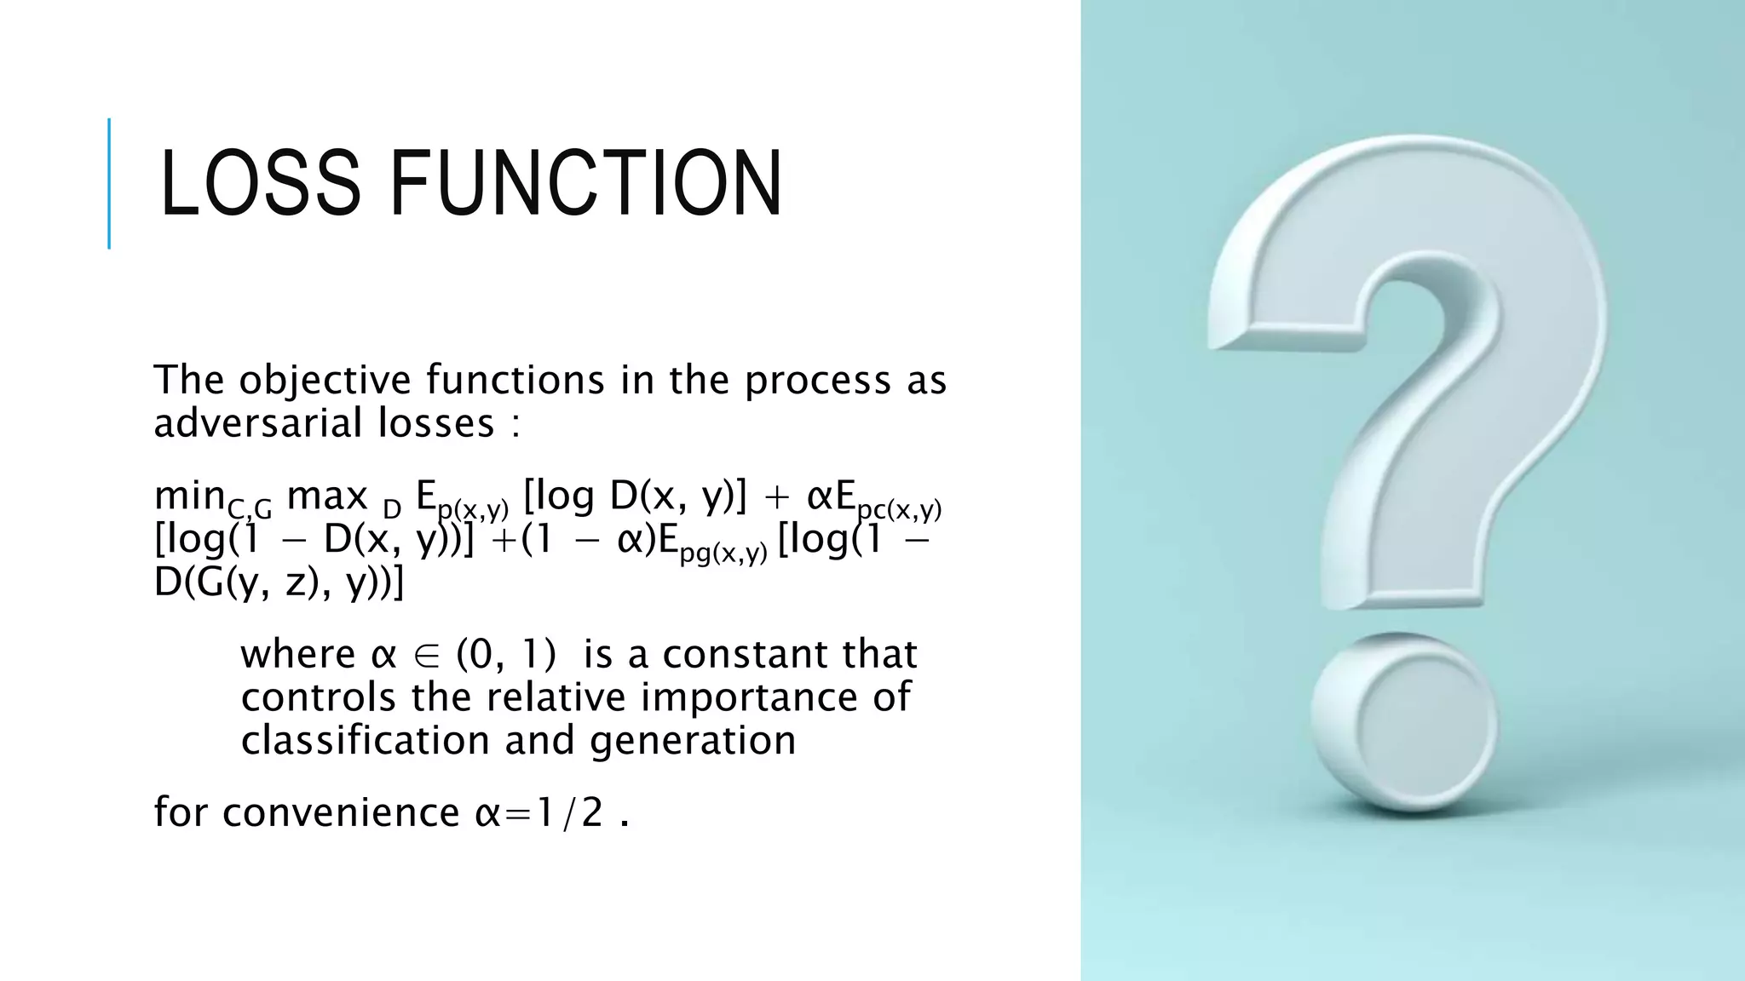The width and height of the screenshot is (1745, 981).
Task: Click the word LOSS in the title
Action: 260,183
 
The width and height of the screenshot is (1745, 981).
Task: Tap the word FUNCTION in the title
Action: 585,183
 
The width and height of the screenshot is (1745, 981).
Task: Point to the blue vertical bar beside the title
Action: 109,183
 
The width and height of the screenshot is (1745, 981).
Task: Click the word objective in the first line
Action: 324,380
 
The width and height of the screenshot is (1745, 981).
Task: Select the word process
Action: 817,380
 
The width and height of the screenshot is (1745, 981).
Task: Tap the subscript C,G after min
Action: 250,509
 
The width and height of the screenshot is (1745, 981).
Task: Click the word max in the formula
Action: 327,496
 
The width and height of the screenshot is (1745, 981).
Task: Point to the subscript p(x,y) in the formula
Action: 473,509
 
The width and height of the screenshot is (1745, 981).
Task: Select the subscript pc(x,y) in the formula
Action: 899,509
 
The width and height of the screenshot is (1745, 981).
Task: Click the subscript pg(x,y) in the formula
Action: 723,553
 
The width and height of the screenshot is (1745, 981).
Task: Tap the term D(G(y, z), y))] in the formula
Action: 279,582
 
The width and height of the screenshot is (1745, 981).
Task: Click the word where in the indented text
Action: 298,654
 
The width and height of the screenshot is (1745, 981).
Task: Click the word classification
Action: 366,739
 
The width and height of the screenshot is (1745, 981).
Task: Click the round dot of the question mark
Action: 1406,722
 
